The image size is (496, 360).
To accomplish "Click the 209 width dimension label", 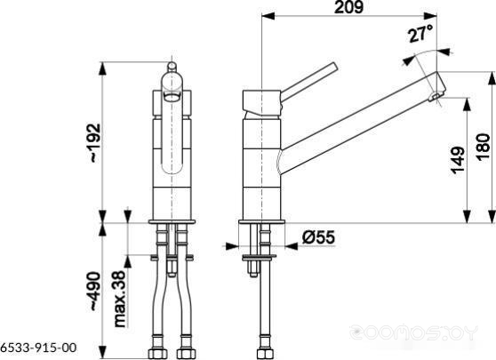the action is click(x=349, y=7).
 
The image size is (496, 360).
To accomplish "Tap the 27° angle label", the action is click(x=420, y=34).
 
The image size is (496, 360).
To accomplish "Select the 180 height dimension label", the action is click(x=483, y=148).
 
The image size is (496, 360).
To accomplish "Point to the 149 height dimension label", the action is click(x=458, y=160).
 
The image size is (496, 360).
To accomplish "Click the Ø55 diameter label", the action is click(x=318, y=237).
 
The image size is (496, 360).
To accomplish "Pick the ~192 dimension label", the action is click(x=94, y=143).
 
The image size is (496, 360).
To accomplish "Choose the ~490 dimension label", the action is click(x=94, y=291).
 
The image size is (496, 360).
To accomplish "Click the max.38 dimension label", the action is click(x=120, y=299).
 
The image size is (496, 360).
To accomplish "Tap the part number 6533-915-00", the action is click(x=38, y=348).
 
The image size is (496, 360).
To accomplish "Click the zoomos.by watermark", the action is click(x=413, y=332).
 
